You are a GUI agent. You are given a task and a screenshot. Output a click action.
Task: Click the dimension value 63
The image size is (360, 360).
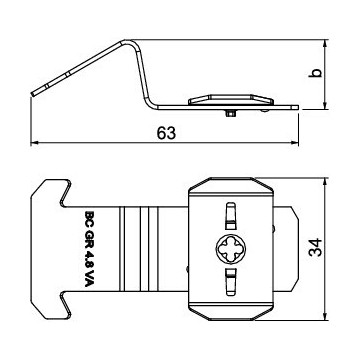(166, 133)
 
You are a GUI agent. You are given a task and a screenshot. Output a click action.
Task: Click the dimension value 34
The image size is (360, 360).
(315, 247)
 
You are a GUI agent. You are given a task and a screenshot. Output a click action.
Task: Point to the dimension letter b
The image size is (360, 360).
(317, 73)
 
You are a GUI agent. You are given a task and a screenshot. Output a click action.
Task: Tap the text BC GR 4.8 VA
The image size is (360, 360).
(89, 249)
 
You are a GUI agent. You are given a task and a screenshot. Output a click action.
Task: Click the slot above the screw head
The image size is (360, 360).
(230, 216)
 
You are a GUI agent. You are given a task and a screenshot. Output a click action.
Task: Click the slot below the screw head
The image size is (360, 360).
(230, 282)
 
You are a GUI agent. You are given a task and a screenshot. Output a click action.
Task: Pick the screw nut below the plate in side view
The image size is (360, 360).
(231, 113)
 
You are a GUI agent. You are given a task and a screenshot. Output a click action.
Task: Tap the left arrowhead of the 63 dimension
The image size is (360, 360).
(35, 143)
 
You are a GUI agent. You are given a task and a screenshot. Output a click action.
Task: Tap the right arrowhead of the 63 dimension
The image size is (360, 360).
(295, 143)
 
